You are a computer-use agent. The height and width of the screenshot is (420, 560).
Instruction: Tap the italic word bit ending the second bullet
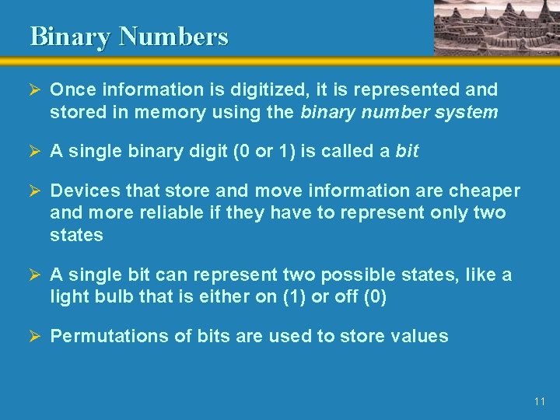[x=407, y=152]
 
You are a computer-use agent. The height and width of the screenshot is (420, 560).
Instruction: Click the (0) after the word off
[x=373, y=296]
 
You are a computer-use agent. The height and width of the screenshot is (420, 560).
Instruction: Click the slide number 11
[x=540, y=401]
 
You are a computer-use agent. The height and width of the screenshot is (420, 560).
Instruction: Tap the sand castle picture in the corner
[x=495, y=27]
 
